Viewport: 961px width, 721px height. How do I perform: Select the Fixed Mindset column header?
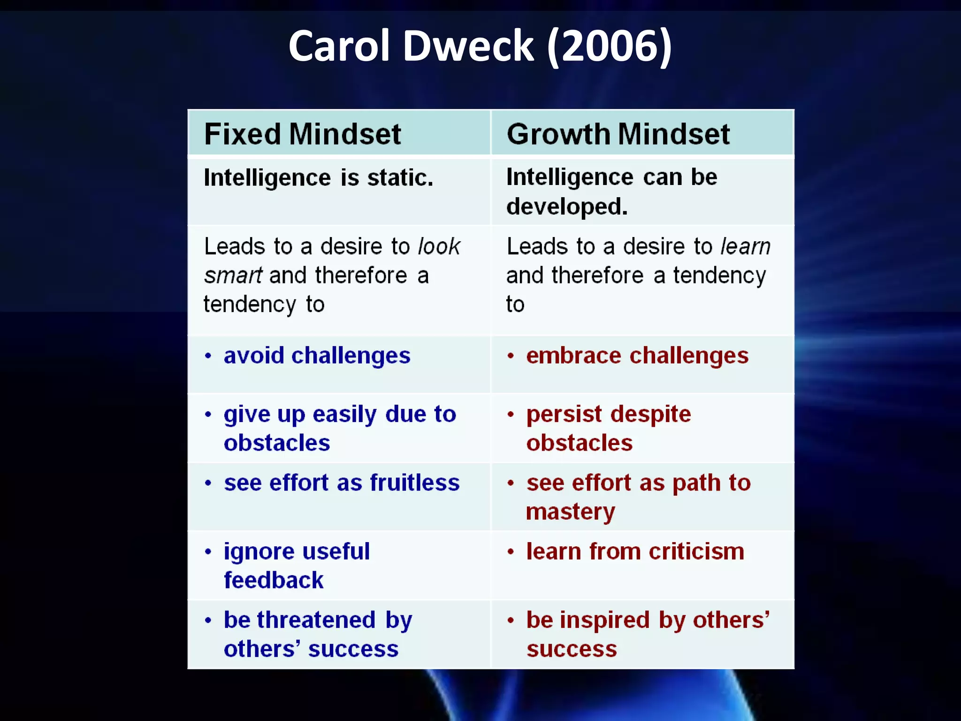(303, 134)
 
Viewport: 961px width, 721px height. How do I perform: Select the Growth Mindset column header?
(618, 134)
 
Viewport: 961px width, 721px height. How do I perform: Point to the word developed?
(566, 207)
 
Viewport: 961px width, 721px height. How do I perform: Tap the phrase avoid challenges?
(317, 355)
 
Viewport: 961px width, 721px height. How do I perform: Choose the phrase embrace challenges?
(637, 355)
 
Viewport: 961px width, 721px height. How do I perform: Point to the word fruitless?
(414, 483)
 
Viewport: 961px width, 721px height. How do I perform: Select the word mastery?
(570, 512)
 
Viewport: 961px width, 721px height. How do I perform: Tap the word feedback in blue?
(274, 580)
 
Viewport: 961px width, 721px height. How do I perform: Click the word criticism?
(696, 552)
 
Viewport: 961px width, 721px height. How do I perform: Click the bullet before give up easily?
(208, 414)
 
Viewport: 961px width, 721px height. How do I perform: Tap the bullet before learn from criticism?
(511, 552)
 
